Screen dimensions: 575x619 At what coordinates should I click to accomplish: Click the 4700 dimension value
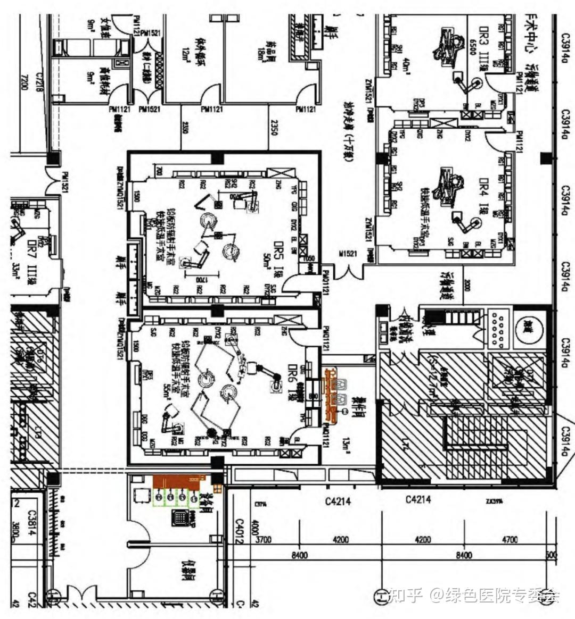[x=510, y=540]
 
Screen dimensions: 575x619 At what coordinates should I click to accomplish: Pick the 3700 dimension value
[x=263, y=540]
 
